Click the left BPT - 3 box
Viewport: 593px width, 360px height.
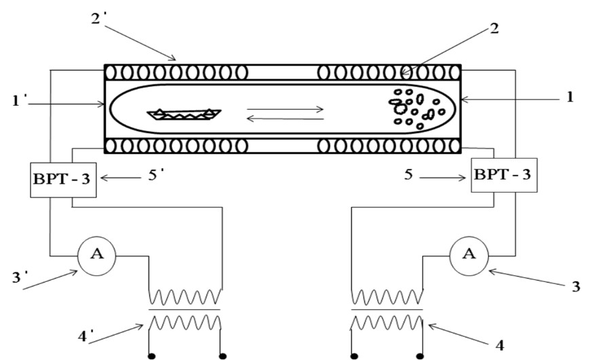pos(63,180)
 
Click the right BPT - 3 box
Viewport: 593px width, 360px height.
pos(503,176)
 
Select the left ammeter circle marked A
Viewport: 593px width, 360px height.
pos(96,256)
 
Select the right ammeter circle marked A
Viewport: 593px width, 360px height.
pos(469,256)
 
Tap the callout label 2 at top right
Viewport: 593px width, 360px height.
pos(494,28)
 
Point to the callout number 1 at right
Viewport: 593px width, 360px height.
pos(569,97)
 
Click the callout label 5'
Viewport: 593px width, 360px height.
pos(155,175)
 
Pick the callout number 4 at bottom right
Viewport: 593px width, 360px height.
pos(499,345)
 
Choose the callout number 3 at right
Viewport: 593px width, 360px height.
pos(575,287)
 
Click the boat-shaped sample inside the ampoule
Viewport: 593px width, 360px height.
pos(184,115)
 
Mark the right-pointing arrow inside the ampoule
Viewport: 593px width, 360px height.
pos(285,109)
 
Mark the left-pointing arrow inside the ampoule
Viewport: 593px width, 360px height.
pos(285,119)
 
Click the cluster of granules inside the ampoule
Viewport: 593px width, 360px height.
pos(417,108)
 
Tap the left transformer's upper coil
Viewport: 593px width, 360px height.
pos(185,296)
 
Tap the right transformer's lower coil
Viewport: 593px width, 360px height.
pos(387,322)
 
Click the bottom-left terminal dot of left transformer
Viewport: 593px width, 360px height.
pos(151,356)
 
